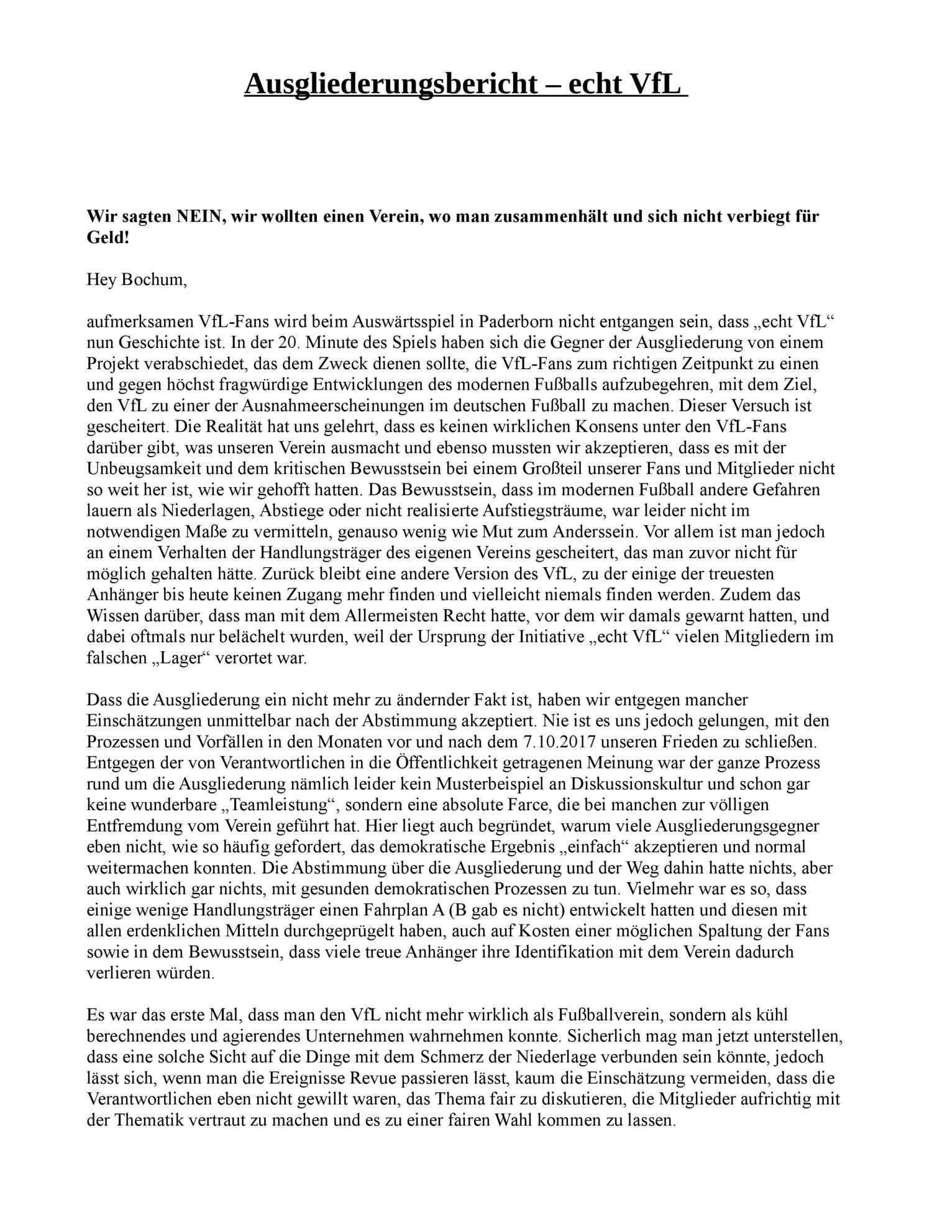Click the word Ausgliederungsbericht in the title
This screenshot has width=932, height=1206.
coord(390,83)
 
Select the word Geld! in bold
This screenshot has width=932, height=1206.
coord(107,237)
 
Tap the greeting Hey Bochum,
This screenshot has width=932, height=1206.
coord(136,280)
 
